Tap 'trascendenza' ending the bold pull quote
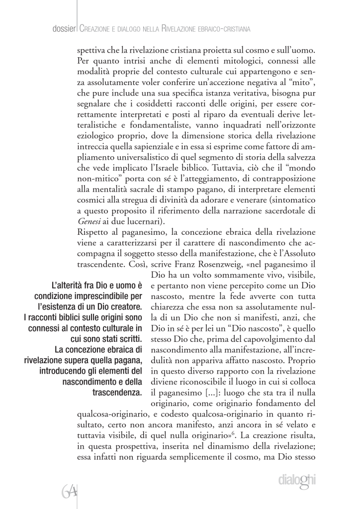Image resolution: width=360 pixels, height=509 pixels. point(117,393)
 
